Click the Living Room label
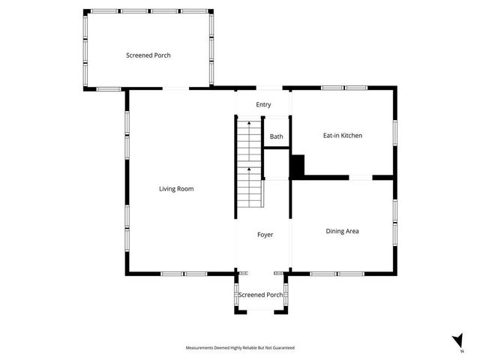[x=176, y=189]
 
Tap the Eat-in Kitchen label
[x=343, y=136]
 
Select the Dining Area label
[x=342, y=231]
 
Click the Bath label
[x=277, y=136]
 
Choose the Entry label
[x=263, y=104]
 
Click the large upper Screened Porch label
[x=148, y=55]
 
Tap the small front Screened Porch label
[x=261, y=295]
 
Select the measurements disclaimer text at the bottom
[x=240, y=348]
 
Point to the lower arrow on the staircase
[x=248, y=171]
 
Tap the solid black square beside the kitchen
[x=297, y=166]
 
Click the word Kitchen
[x=351, y=136]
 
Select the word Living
[x=168, y=189]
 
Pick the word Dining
[x=334, y=231]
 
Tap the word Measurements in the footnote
[x=199, y=348]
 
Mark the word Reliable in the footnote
[x=247, y=348]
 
